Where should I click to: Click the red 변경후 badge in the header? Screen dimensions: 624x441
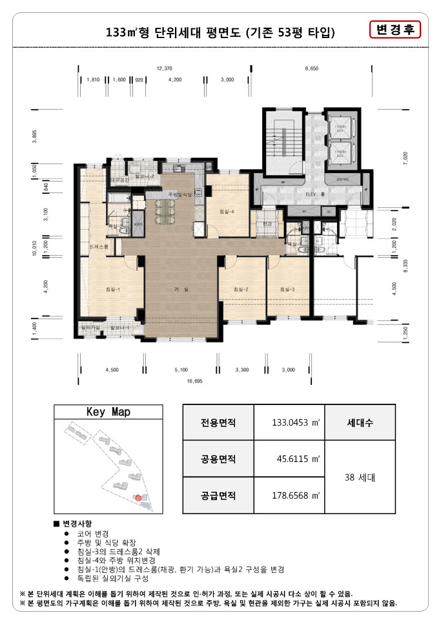[x=395, y=30]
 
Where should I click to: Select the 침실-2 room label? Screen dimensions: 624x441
[x=241, y=289]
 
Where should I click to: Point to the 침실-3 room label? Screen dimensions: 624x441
[x=287, y=289]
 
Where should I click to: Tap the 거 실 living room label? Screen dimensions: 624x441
[x=181, y=290]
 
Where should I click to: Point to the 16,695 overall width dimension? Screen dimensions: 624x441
[x=194, y=381]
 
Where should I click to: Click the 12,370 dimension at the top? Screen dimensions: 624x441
[x=164, y=68]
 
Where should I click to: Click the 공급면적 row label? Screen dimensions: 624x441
[x=218, y=496]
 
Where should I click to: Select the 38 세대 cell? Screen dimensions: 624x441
[x=360, y=478]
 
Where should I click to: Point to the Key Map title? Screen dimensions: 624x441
[x=108, y=412]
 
